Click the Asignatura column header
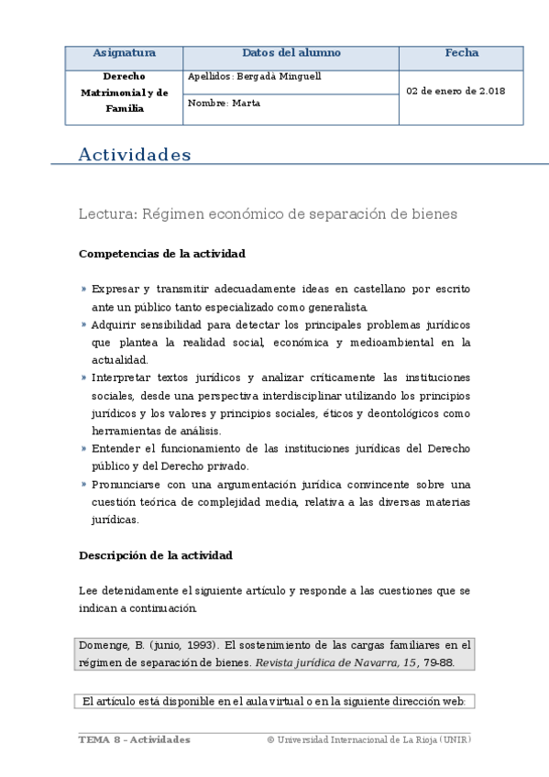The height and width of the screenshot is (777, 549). tap(124, 53)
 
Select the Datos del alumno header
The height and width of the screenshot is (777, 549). tap(291, 53)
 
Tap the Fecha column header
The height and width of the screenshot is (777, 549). tap(461, 53)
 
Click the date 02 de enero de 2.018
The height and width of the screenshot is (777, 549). tap(456, 92)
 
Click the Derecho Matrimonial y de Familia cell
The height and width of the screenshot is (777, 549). tap(124, 93)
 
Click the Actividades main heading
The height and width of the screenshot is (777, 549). tap(135, 155)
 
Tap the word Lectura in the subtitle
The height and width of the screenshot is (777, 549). tap(106, 214)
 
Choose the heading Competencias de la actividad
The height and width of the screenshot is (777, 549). tap(161, 253)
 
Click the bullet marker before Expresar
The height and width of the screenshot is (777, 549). tap(83, 289)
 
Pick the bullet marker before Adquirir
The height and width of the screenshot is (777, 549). tap(83, 324)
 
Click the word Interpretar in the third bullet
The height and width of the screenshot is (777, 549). tap(122, 378)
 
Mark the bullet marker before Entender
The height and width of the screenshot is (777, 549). tap(83, 449)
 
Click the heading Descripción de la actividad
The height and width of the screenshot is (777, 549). tap(155, 555)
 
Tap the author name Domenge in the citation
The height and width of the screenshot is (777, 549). tap(104, 645)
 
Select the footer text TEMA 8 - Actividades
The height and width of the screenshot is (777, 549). tap(134, 739)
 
